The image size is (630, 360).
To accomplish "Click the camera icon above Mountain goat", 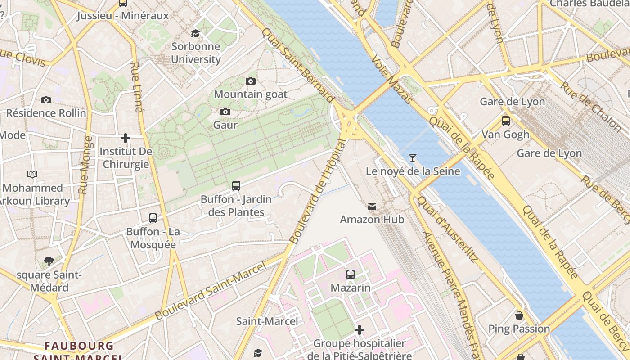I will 251,81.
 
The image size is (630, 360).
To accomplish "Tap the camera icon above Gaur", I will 225,112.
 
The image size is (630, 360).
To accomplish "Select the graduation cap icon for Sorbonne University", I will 195,33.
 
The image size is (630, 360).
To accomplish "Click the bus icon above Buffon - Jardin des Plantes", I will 236,185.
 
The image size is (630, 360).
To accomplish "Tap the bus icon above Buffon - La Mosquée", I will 153,218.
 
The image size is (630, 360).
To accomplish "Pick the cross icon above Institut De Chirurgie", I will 126,138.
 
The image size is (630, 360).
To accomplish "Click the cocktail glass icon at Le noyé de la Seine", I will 412,157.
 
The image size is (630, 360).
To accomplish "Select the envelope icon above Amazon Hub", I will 372,207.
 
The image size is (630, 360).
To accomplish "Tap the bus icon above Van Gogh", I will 505,121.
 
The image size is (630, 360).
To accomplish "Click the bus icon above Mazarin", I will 350,274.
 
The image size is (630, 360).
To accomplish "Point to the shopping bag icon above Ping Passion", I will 519,315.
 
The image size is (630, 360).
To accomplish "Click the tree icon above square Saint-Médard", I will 49,261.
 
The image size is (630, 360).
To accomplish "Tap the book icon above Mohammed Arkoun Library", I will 32,174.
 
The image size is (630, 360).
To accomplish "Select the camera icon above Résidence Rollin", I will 45,100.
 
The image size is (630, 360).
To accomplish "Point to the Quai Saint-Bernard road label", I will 298,65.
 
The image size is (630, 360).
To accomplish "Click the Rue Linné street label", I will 137,86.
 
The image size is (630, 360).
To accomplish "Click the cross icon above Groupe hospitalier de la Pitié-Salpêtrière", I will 359,330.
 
